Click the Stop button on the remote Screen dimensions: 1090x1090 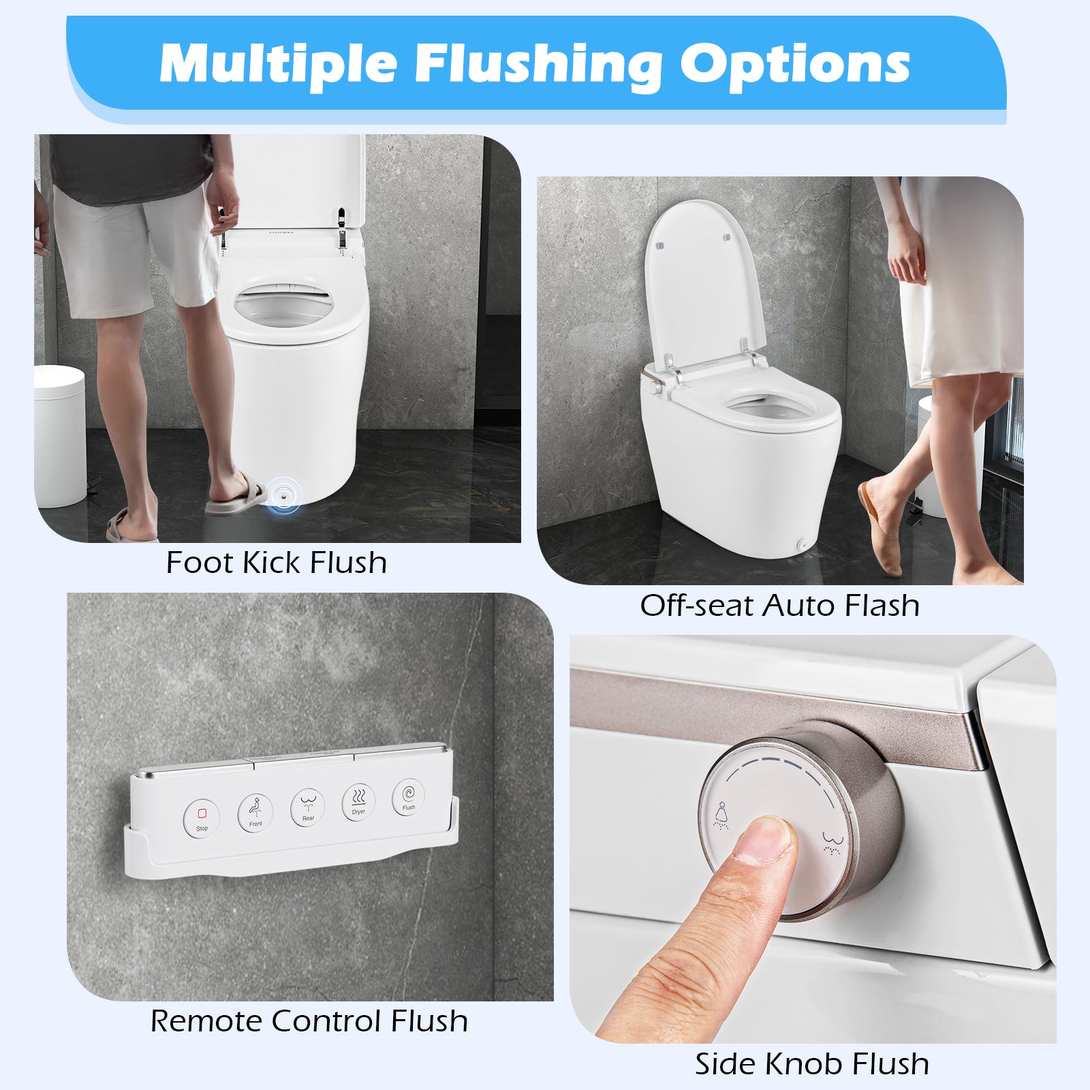click(x=202, y=817)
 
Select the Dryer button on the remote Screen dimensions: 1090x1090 click(x=358, y=803)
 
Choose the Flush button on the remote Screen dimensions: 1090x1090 click(x=408, y=798)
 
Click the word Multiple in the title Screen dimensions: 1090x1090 click(x=278, y=63)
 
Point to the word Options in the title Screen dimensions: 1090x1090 click(x=795, y=63)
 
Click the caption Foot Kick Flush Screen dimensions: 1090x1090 click(x=277, y=563)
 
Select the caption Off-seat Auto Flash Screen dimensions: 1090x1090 click(x=779, y=605)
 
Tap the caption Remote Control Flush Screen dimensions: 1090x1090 click(x=309, y=1021)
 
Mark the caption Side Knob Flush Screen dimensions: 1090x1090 click(x=811, y=1063)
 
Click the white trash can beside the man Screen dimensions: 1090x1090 click(x=59, y=436)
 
